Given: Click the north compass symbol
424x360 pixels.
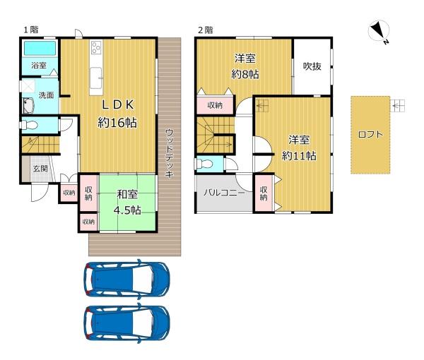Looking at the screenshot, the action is point(379,31).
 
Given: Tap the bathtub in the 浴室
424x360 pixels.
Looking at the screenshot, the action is point(40,48).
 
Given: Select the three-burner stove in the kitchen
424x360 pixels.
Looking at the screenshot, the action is point(96,47).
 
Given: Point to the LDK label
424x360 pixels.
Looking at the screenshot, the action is point(117,104).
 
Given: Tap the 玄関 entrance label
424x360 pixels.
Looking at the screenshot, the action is point(40,169).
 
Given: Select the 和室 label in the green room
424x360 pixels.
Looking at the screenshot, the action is point(127,194).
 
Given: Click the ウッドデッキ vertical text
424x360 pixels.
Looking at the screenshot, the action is point(169,153).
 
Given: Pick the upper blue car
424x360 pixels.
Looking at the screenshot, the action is point(126,280).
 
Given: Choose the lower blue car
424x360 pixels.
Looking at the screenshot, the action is point(126,323).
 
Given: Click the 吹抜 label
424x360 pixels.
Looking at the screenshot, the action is point(312,66).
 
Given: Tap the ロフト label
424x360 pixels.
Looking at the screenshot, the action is point(370,134).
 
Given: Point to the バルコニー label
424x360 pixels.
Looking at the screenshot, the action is point(224,193).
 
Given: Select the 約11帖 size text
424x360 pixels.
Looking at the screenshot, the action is point(299,156).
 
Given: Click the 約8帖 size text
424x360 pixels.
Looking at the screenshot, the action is point(245,74).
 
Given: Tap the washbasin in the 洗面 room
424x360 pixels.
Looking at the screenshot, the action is point(28,106).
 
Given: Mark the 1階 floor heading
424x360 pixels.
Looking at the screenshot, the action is point(31,30).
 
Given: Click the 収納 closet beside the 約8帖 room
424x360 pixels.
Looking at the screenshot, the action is point(215,105).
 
